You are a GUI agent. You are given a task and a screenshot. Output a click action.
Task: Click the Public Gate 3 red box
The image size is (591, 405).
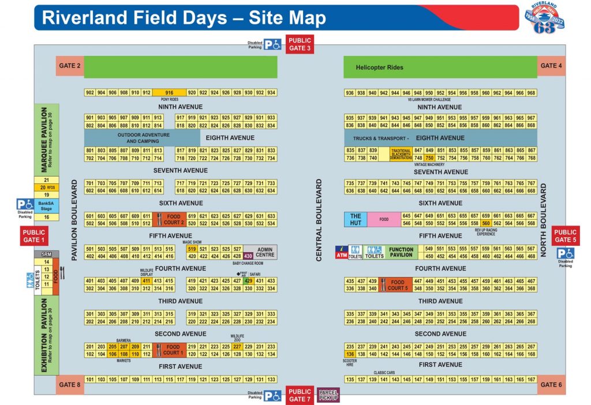pos(300,44)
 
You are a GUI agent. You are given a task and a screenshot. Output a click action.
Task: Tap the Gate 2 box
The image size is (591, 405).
pos(70,66)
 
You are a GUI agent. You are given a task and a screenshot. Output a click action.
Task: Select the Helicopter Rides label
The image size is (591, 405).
pos(379,67)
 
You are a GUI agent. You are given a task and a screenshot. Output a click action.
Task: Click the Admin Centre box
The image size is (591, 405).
pos(265,252)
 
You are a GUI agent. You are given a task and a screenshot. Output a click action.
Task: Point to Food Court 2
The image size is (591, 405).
pos(173,220)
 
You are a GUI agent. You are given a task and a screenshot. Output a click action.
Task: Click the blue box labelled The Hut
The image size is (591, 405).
pos(356,220)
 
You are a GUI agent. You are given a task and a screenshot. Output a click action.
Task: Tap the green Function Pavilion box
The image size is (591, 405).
pos(401,253)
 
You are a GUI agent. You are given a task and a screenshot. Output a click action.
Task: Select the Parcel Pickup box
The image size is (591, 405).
pos(328,395)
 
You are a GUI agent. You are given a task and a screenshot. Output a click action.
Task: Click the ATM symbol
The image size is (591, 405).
pos(342,252)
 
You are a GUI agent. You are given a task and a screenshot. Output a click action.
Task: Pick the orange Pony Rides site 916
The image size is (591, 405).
pos(169,93)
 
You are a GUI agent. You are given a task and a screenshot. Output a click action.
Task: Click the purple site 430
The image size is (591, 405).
pos(248,256)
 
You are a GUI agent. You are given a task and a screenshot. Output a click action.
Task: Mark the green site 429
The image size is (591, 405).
pos(248,281)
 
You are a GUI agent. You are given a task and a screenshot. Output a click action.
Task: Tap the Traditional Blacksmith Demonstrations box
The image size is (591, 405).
pos(401,154)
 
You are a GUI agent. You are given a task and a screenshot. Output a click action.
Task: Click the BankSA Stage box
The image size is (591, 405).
pos(46,205)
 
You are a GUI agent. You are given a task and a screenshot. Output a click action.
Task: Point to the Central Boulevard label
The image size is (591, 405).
pos(319,220)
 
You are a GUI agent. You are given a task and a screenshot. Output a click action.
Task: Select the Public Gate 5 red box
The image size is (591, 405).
pos(566,236)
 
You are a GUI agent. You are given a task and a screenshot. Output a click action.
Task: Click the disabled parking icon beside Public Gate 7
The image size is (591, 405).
pos(272,396)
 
